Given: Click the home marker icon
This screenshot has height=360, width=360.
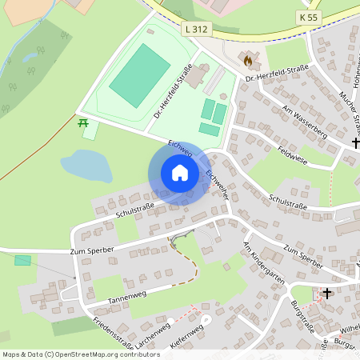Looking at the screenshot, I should point(180,173).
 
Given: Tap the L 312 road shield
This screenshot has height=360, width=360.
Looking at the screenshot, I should point(195,29).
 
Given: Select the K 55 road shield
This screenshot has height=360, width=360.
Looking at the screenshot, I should point(308,17).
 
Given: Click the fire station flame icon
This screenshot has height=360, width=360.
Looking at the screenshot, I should point(248,59).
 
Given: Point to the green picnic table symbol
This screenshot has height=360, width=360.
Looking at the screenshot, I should point(82,122).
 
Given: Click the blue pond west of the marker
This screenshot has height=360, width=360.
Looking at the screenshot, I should point(86,166).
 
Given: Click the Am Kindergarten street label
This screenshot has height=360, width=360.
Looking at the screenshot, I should point(265,263).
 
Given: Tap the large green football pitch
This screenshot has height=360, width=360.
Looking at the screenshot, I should point(140,72).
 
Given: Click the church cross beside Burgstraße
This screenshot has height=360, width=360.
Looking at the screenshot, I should point(326,294).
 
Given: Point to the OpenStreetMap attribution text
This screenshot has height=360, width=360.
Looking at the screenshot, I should point(81,354).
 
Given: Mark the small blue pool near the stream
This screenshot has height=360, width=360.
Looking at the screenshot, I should point(31,56).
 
